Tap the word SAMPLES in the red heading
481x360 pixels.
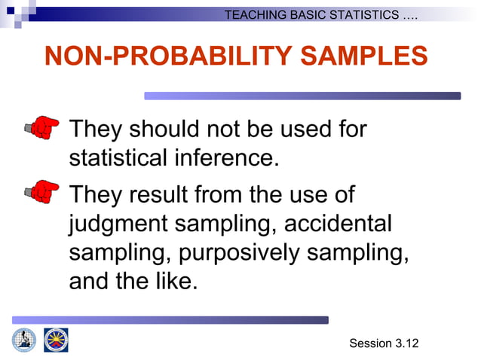pyautogui.click(x=353, y=56)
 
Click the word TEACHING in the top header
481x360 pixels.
pyautogui.click(x=257, y=15)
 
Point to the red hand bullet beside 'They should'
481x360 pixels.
pyautogui.click(x=41, y=129)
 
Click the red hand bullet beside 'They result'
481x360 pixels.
pyautogui.click(x=41, y=192)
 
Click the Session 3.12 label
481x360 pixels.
pyautogui.click(x=383, y=344)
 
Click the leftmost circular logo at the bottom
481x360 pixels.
pyautogui.click(x=24, y=340)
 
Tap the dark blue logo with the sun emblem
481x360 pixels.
pyautogui.click(x=56, y=340)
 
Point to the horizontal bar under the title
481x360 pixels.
pyautogui.click(x=302, y=96)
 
